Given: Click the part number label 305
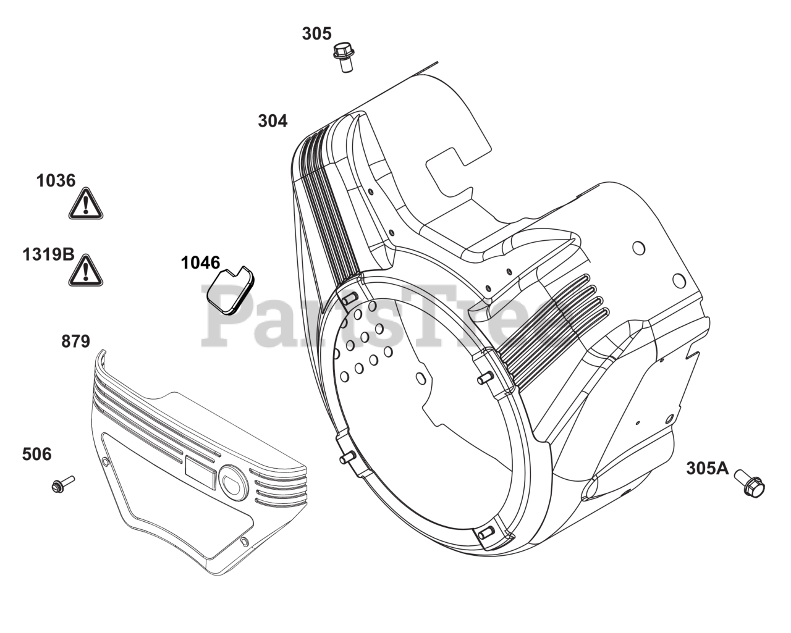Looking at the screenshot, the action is coord(316,33).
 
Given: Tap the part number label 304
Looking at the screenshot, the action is coord(273,121).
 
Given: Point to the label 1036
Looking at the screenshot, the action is coord(56,181).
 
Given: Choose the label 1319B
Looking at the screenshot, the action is coord(48,254).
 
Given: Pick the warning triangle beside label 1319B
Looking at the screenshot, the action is coord(85,270).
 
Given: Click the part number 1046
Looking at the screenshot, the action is coord(200,263).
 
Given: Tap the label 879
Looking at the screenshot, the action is coord(75,342).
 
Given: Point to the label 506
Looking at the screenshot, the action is coord(36,455).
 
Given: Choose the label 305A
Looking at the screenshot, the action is coord(707,469).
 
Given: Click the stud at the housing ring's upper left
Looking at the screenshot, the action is coord(349,299).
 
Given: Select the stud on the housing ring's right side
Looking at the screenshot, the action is coord(485,376).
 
